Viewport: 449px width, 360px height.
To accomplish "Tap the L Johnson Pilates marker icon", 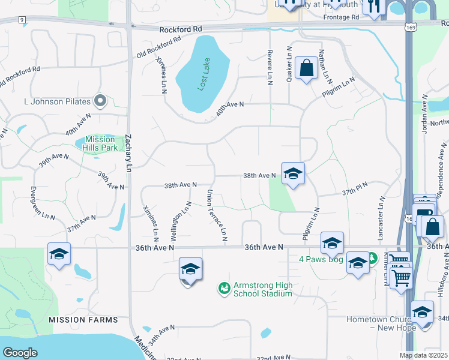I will click(100, 100).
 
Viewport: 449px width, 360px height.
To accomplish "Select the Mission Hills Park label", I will click(100, 143).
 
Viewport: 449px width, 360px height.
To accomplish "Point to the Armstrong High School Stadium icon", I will click(224, 289).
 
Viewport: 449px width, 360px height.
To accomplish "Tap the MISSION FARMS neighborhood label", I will click(83, 320).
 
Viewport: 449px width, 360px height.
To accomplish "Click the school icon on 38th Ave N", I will click(292, 174).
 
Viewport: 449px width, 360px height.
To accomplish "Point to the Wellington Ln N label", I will click(184, 220).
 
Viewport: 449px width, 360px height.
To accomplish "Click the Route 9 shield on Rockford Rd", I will click(22, 20).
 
